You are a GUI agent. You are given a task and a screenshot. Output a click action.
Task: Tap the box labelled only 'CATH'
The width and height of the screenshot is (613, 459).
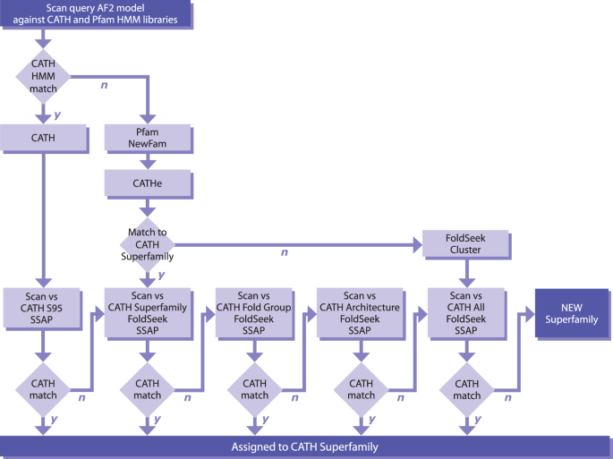(x=43, y=138)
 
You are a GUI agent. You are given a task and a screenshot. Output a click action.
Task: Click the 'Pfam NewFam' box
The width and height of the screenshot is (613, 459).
(x=148, y=138)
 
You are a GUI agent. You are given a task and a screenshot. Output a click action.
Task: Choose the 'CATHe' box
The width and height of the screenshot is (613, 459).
(x=148, y=184)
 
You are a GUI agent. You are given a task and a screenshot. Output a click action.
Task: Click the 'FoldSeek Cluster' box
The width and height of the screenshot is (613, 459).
(x=464, y=243)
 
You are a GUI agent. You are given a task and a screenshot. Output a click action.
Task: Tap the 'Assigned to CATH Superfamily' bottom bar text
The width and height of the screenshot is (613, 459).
(x=306, y=446)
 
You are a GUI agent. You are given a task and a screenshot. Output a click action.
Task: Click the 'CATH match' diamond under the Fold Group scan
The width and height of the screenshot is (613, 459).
(x=254, y=389)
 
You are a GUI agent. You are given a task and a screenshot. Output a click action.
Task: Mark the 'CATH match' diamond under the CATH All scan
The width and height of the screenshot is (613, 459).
(x=466, y=389)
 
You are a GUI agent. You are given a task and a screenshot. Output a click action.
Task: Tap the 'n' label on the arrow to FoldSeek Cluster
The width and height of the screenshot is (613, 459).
(x=285, y=253)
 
